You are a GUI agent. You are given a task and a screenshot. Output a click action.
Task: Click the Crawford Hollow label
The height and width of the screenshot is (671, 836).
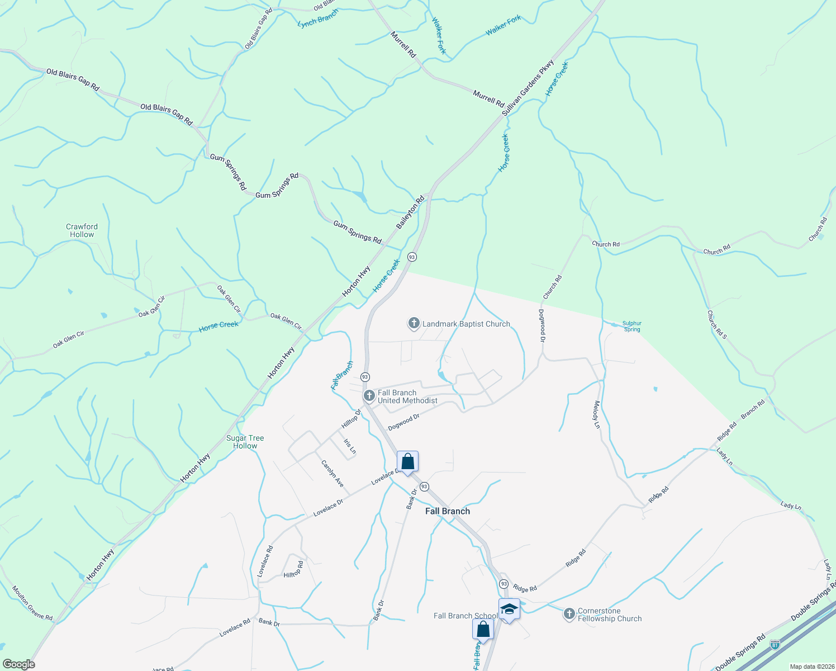tap(82, 230)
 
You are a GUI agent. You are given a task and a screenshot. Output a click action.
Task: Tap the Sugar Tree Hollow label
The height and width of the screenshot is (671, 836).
tap(245, 442)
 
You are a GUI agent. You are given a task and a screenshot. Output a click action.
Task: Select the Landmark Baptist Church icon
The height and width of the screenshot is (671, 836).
tap(414, 323)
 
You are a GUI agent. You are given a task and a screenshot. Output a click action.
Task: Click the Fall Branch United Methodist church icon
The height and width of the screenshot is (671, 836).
tap(369, 396)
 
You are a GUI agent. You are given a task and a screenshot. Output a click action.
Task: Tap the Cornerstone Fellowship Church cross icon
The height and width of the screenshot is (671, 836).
tap(569, 615)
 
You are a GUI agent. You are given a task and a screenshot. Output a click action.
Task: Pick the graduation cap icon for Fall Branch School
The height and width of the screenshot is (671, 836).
tap(509, 609)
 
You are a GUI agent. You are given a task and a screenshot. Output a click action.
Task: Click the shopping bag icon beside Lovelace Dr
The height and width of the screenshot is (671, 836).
tap(408, 462)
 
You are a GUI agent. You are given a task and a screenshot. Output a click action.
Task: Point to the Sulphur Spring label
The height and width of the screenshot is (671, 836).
tap(632, 327)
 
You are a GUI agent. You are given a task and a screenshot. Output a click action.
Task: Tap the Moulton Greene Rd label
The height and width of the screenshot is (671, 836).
tap(32, 603)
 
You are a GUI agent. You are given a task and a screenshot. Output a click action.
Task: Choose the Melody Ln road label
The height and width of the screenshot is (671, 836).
tap(597, 414)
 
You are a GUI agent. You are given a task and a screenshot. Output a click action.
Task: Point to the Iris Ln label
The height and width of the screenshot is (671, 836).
tap(350, 446)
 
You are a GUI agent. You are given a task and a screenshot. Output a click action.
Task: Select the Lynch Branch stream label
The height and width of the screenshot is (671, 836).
tap(318, 18)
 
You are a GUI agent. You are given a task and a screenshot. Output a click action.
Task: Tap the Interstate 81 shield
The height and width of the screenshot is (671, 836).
tap(775, 645)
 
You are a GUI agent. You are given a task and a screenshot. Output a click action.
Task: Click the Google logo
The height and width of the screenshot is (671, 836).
tap(19, 664)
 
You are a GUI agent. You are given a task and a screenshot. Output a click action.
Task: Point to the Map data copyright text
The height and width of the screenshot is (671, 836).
tap(812, 667)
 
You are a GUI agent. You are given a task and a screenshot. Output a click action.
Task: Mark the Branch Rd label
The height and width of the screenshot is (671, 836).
tap(753, 410)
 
